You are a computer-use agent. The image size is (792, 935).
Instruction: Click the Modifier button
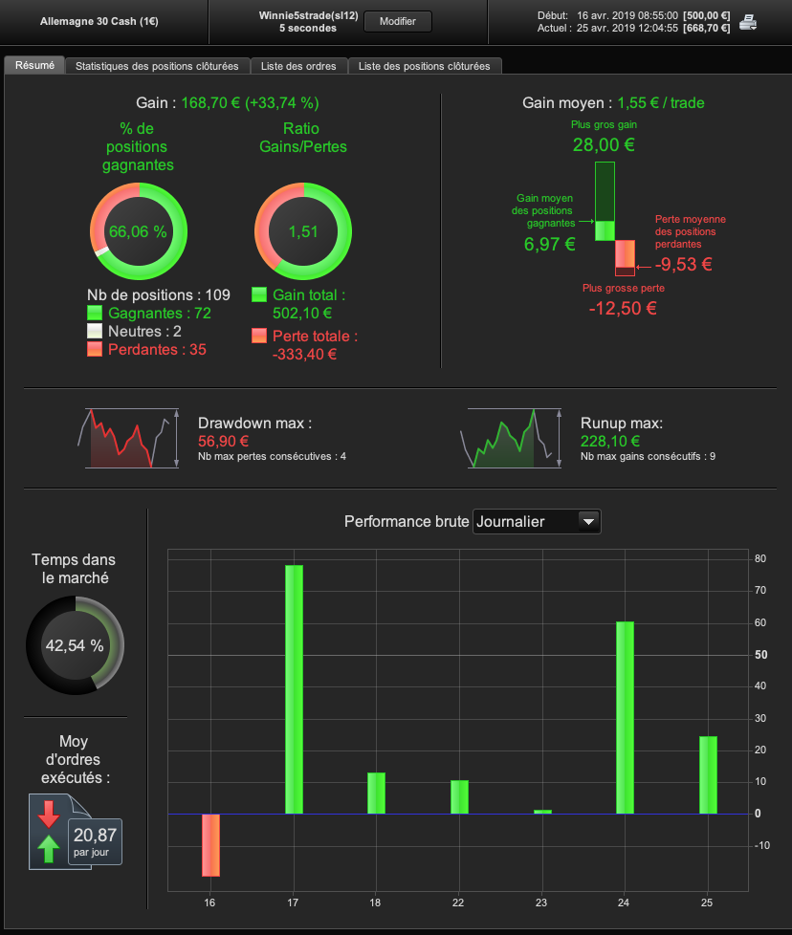click(398, 21)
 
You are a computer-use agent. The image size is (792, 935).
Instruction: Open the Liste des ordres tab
click(299, 66)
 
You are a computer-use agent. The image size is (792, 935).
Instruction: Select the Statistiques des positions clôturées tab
click(157, 66)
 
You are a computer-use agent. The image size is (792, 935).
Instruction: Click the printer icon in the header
click(748, 23)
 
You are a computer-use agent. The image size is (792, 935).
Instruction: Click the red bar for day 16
click(210, 845)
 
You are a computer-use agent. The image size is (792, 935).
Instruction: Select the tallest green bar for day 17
click(294, 689)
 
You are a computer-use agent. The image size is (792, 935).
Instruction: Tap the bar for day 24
click(625, 717)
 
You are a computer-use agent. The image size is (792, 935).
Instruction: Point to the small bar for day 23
click(542, 812)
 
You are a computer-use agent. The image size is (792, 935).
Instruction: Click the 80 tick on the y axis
click(759, 558)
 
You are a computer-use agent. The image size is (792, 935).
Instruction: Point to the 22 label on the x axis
click(459, 902)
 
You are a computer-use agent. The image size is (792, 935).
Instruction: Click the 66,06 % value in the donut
click(138, 231)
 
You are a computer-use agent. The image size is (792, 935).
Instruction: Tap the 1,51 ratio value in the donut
click(302, 231)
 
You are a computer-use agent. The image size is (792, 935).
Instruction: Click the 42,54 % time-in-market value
click(75, 645)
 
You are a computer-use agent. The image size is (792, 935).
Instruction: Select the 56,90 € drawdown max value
click(223, 442)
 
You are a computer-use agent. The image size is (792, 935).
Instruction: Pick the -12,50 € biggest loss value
click(623, 308)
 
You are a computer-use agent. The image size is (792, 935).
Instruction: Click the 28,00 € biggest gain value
click(604, 145)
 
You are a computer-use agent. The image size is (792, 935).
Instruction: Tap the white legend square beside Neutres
click(95, 331)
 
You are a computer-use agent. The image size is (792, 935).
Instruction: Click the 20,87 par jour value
click(94, 835)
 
